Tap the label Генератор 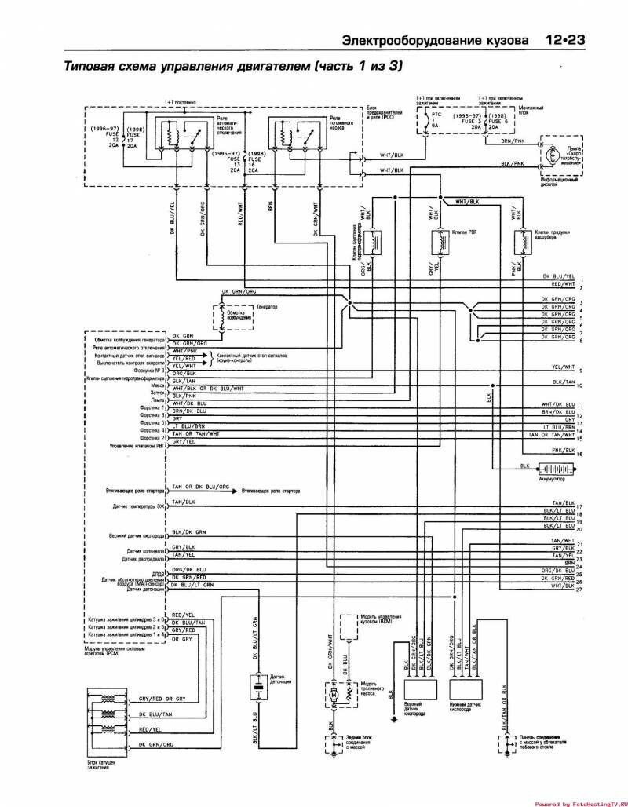(x=268, y=305)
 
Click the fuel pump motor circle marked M (x=332, y=694)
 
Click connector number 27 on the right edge (x=579, y=589)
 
